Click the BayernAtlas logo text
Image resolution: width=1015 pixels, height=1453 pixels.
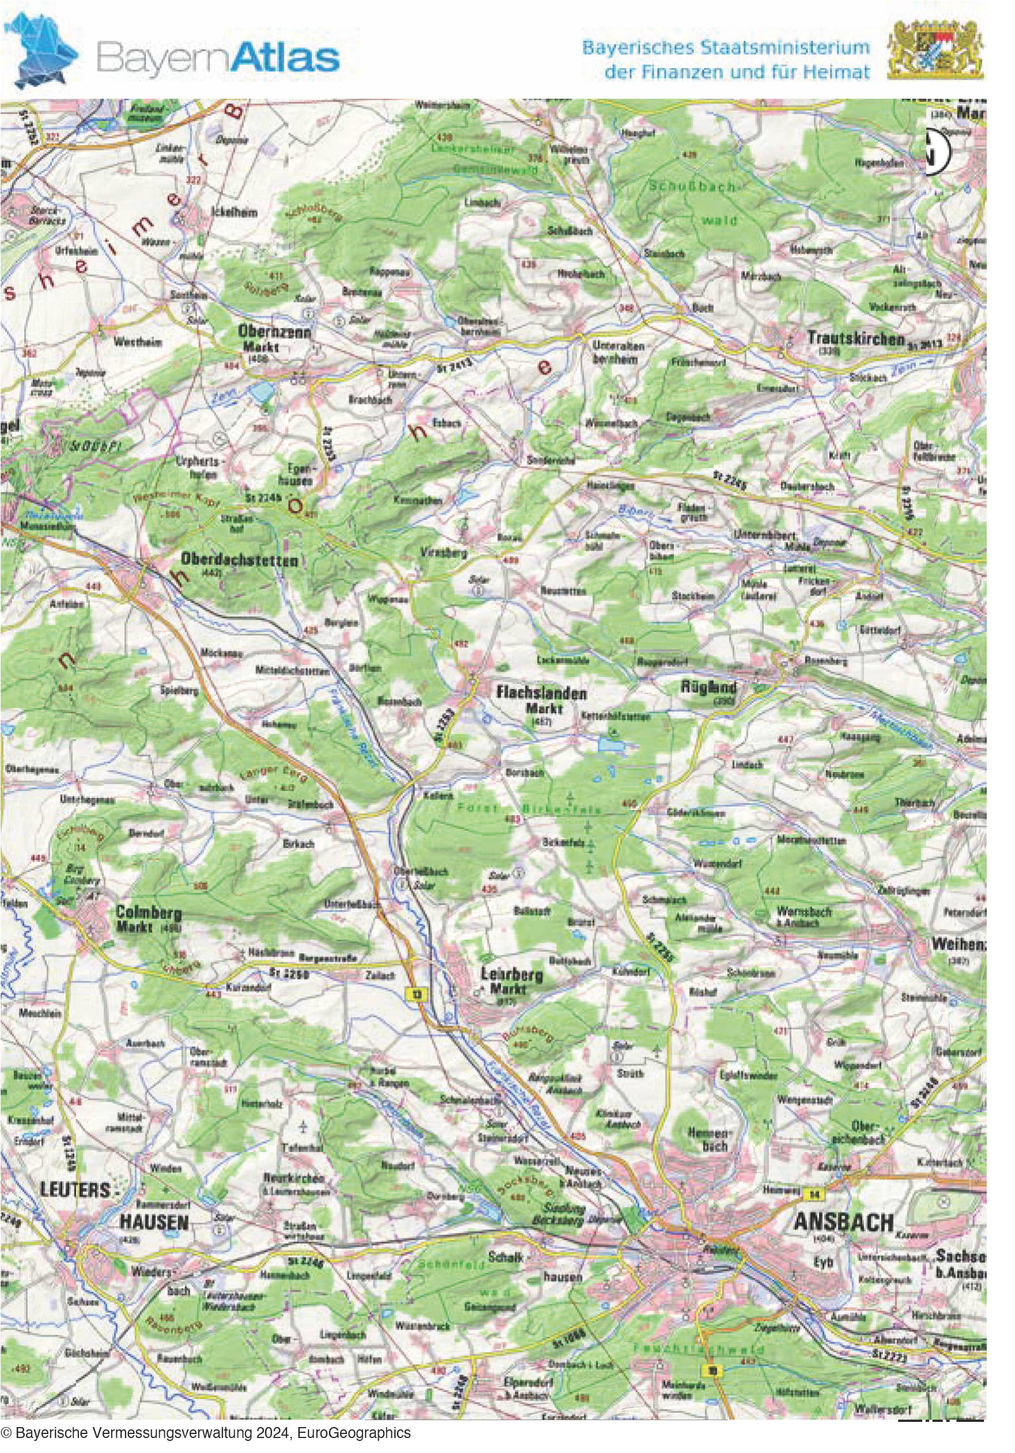point(218,58)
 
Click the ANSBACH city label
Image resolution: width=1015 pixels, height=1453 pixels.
point(843,1222)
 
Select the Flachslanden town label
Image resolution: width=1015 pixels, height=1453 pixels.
point(541,693)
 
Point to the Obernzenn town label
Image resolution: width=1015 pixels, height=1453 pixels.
point(274,331)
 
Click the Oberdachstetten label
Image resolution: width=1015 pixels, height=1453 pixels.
point(240,560)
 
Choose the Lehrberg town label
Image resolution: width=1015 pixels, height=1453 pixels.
point(512,975)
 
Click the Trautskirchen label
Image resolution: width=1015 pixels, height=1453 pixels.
point(855,339)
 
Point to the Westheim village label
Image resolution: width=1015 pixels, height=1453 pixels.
point(137,342)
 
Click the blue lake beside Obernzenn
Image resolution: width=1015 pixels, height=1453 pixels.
point(259,392)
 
